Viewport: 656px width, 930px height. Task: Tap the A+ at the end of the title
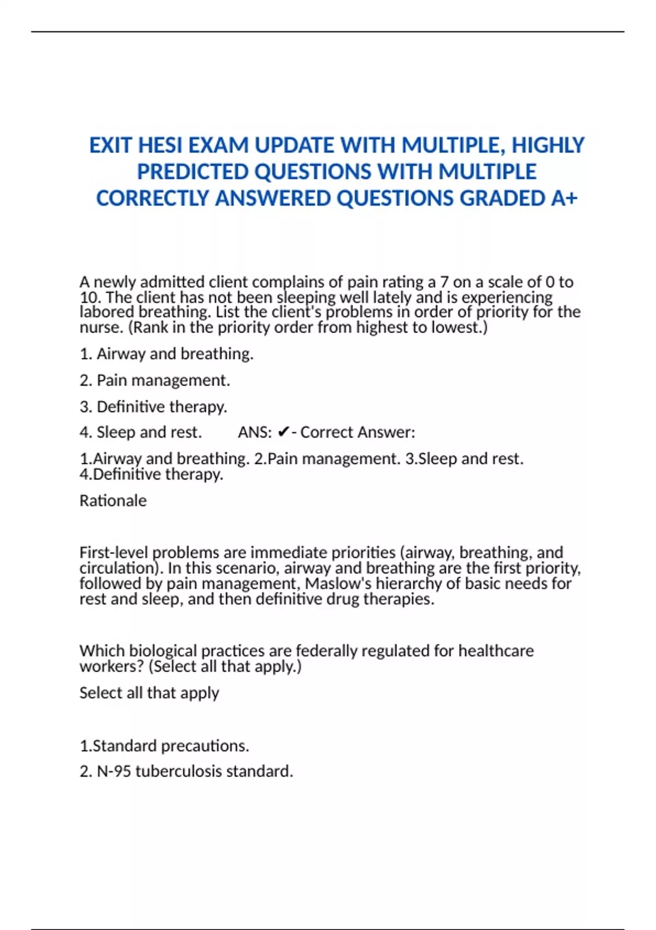pyautogui.click(x=564, y=199)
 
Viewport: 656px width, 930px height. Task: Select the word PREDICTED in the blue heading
pyautogui.click(x=193, y=172)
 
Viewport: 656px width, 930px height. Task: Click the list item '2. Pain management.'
pyautogui.click(x=155, y=380)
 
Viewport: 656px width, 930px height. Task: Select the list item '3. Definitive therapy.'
pyautogui.click(x=153, y=407)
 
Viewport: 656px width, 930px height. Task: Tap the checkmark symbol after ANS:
pyautogui.click(x=283, y=433)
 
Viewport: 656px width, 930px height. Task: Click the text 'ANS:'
pyautogui.click(x=255, y=433)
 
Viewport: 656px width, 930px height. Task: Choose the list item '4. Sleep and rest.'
pyautogui.click(x=140, y=433)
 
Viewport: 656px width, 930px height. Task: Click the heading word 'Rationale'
pyautogui.click(x=113, y=501)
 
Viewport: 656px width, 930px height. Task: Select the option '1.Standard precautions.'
pyautogui.click(x=164, y=746)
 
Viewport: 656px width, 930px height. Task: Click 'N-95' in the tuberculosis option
pyautogui.click(x=114, y=771)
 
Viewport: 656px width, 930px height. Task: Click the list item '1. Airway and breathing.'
pyautogui.click(x=166, y=354)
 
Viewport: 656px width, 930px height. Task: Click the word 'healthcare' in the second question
pyautogui.click(x=496, y=651)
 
